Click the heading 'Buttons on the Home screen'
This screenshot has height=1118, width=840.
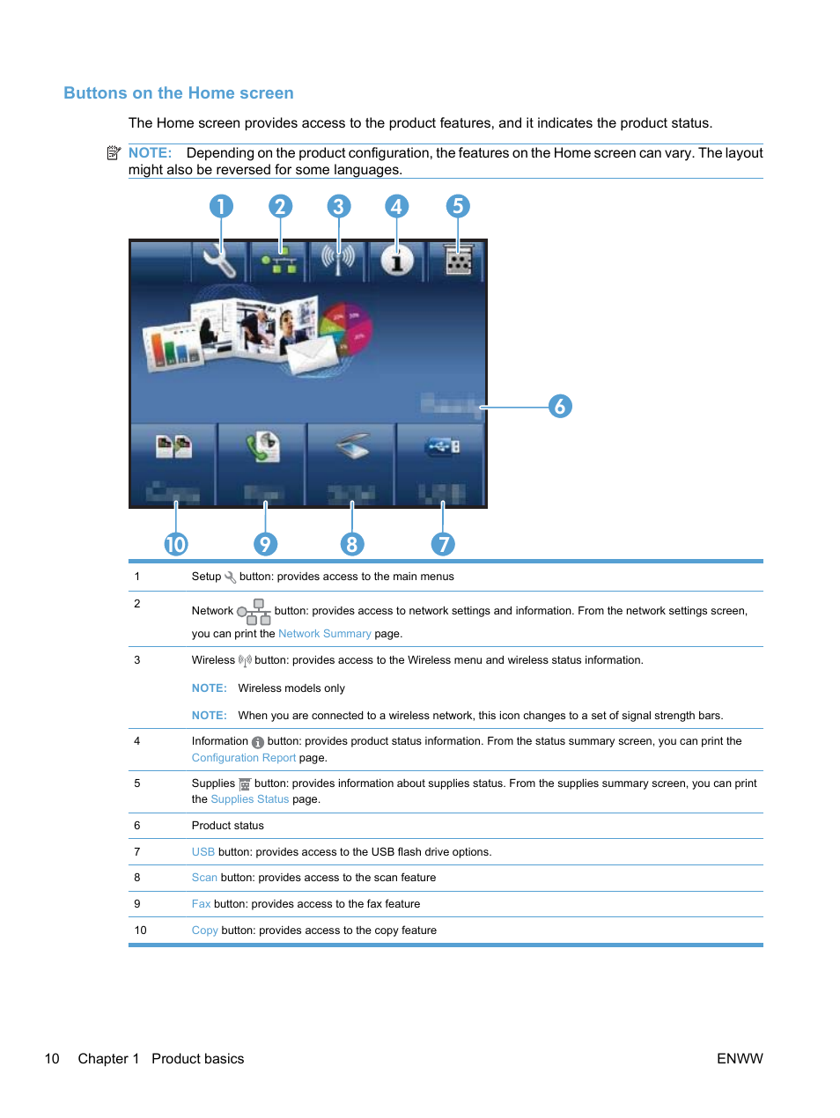tap(179, 93)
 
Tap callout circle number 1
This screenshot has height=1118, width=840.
tap(221, 206)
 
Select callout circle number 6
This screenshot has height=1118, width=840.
tap(560, 406)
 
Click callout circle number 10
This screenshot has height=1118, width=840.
tap(176, 544)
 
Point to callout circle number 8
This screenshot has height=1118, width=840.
tap(351, 544)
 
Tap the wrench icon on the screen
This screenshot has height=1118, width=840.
tap(218, 261)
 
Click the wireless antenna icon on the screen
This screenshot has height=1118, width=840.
tap(338, 259)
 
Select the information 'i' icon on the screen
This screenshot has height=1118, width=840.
tap(397, 261)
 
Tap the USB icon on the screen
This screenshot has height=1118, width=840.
tap(442, 447)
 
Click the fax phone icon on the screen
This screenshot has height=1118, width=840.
tap(262, 446)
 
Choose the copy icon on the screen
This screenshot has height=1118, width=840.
tap(173, 446)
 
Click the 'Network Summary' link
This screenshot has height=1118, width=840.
tap(324, 634)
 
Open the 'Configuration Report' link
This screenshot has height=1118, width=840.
tap(244, 758)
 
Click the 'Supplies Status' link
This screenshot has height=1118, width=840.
tap(249, 799)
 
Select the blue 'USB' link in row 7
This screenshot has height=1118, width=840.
tap(203, 852)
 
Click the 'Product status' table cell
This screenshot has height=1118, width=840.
tap(228, 826)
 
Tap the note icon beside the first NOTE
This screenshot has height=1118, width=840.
tap(114, 153)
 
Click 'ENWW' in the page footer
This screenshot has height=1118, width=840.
tap(740, 1059)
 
